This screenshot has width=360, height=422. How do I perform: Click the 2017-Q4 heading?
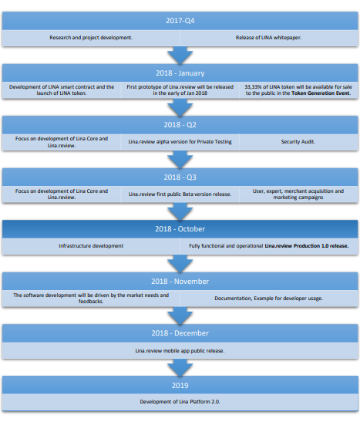[180, 21]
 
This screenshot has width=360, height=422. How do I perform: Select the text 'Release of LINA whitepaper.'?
[268, 38]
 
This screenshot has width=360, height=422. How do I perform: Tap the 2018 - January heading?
[180, 73]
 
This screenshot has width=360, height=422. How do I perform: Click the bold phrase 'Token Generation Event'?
[321, 93]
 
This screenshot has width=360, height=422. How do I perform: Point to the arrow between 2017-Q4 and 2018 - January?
[180, 56]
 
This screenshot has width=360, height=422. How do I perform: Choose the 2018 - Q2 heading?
[180, 125]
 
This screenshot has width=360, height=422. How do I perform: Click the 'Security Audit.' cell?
[298, 142]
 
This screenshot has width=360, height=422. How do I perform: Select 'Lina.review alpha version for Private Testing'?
[180, 142]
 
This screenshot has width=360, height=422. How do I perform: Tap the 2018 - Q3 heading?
[180, 177]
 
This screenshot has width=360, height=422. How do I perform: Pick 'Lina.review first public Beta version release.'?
[180, 194]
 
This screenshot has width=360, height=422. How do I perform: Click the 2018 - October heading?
[180, 229]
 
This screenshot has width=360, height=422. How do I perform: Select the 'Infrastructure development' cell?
[91, 246]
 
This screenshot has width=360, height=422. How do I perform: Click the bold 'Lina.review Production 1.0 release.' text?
[307, 246]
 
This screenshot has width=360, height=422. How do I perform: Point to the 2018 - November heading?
[180, 282]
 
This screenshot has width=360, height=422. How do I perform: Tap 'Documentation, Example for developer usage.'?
[268, 299]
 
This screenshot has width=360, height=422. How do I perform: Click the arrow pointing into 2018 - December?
[180, 316]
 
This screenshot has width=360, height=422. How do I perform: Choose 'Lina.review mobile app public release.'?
[180, 351]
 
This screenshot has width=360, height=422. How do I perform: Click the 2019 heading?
[180, 386]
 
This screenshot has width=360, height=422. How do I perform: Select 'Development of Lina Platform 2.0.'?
[180, 402]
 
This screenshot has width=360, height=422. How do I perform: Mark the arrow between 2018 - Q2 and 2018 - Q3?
[180, 160]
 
